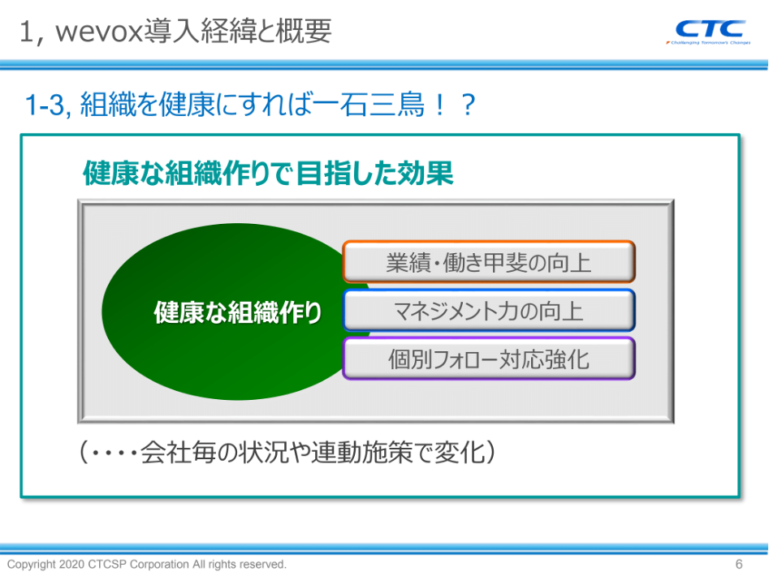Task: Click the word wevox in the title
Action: tap(100, 32)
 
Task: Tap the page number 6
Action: tap(739, 565)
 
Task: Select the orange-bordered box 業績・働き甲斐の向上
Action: tap(489, 262)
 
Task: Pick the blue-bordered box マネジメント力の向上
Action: tap(489, 311)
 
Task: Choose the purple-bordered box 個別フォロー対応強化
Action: tap(489, 359)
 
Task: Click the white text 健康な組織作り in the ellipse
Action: tap(238, 312)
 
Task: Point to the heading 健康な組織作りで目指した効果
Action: tap(268, 173)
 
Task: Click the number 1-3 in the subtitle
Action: tap(44, 105)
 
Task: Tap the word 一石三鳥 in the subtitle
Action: tap(369, 105)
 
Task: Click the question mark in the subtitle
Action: tap(469, 105)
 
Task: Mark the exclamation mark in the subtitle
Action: tap(440, 105)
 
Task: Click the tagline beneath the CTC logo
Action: tap(708, 43)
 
